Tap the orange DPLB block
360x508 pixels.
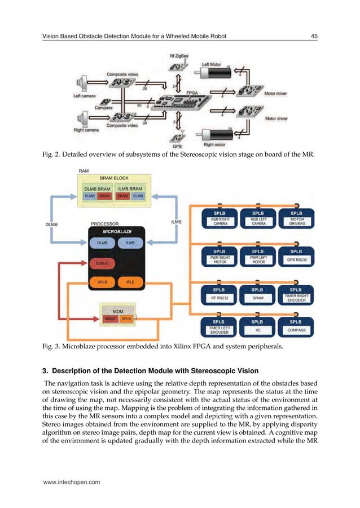[x=102, y=281]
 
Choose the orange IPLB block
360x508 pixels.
[x=129, y=281]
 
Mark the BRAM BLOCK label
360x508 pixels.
[x=115, y=178]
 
